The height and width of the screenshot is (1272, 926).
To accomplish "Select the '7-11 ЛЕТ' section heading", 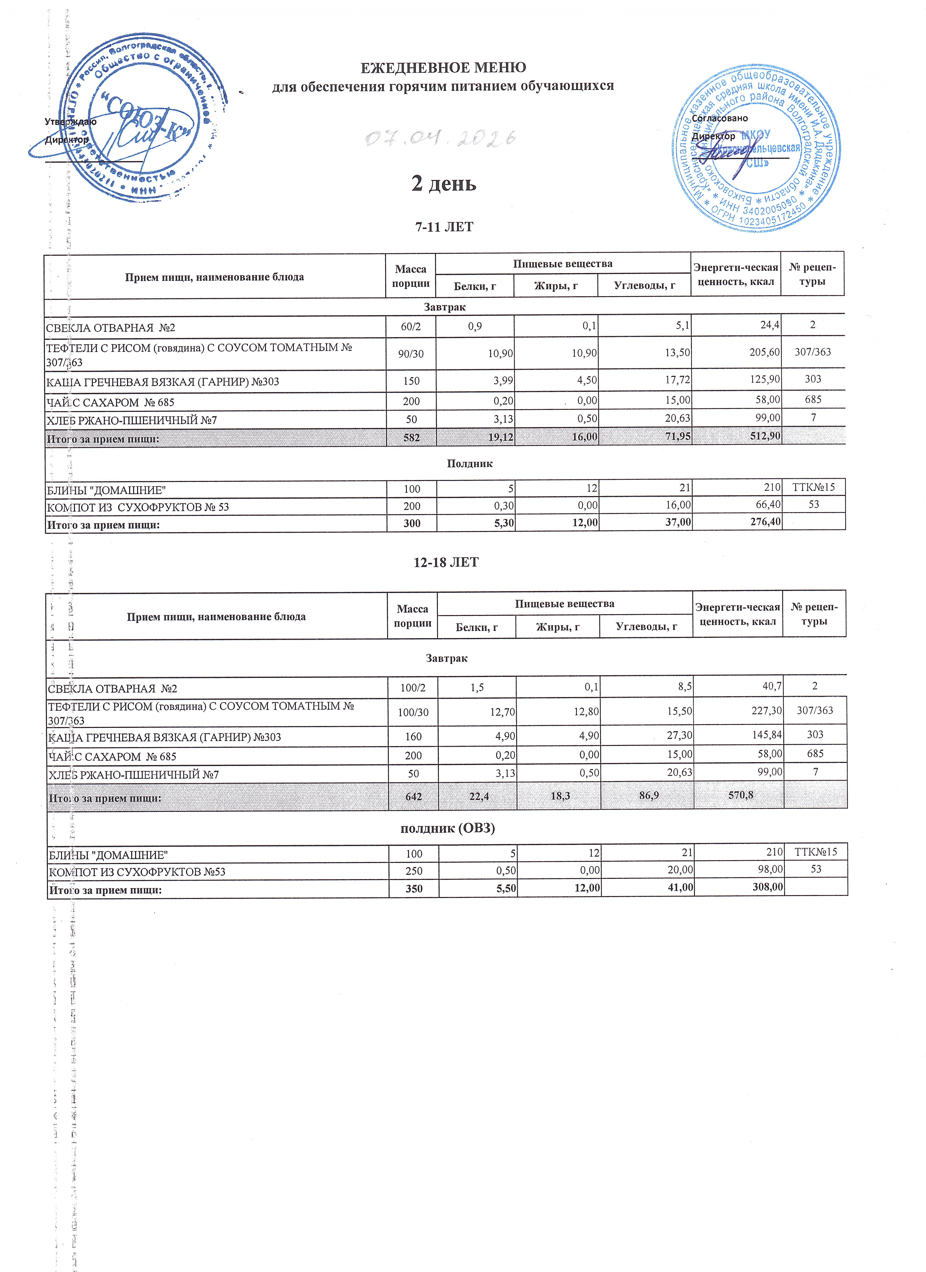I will [x=444, y=227].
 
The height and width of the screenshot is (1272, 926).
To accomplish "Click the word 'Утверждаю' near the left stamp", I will [x=71, y=122].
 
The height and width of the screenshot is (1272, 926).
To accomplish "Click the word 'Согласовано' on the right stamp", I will [x=719, y=118].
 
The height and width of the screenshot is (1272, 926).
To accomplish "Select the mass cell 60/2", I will [x=411, y=326].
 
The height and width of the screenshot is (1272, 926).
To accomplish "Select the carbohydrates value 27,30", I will [x=679, y=735].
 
